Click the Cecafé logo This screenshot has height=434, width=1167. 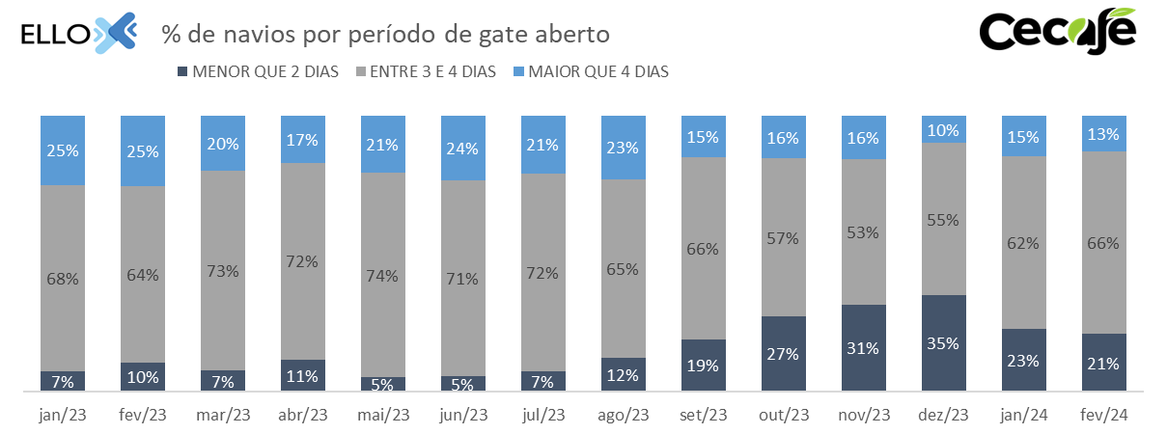point(1057,31)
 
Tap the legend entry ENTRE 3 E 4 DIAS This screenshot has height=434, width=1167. point(427,71)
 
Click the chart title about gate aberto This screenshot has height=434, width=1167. point(385,34)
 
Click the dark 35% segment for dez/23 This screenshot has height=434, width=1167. point(943,343)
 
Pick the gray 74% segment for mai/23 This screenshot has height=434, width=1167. point(382,275)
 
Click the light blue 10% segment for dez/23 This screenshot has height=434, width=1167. point(943,129)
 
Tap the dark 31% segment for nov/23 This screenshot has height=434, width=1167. point(863,348)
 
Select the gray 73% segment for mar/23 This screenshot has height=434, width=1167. point(222,270)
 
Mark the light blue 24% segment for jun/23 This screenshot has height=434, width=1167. point(462,149)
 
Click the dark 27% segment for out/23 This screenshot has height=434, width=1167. point(783,354)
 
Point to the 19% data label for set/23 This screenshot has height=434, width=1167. point(703,366)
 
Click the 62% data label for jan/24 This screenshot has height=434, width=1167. point(1023,243)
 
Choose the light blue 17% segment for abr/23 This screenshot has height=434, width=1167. point(302,139)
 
